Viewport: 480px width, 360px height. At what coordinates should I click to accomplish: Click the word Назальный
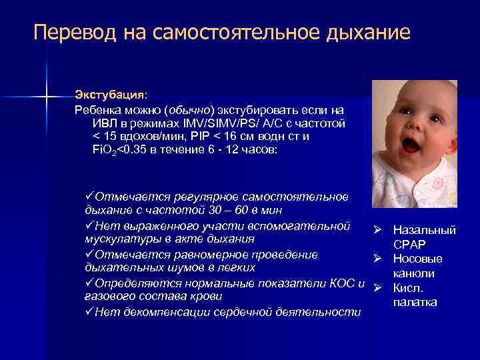[425, 230]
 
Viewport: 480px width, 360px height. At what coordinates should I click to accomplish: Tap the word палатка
[415, 303]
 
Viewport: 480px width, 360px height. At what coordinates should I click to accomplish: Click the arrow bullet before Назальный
[377, 230]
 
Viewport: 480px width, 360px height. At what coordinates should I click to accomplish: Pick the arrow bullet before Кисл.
[377, 288]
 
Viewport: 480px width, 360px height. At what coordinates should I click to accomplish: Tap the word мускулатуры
[121, 239]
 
